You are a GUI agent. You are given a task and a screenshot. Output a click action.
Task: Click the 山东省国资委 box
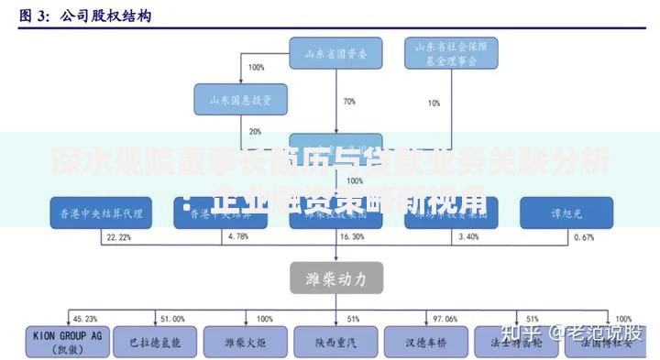pyautogui.click(x=335, y=53)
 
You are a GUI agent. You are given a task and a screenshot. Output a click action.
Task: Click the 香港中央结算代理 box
pyautogui.click(x=97, y=213)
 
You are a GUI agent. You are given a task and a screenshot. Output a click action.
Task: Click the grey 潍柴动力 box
pyautogui.click(x=336, y=277)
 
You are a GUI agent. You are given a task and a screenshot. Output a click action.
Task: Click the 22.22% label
pyautogui.click(x=118, y=237)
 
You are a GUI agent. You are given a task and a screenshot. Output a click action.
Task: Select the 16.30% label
pyautogui.click(x=351, y=237)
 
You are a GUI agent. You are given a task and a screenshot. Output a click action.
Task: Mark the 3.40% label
pyautogui.click(x=467, y=237)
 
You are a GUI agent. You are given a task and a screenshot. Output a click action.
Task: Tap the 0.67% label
pyautogui.click(x=584, y=237)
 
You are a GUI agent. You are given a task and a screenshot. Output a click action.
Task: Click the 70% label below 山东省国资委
pyautogui.click(x=349, y=102)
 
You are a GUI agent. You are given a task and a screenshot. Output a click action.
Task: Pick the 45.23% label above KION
pyautogui.click(x=84, y=319)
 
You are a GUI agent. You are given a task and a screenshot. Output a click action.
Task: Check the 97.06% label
pyautogui.click(x=445, y=319)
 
